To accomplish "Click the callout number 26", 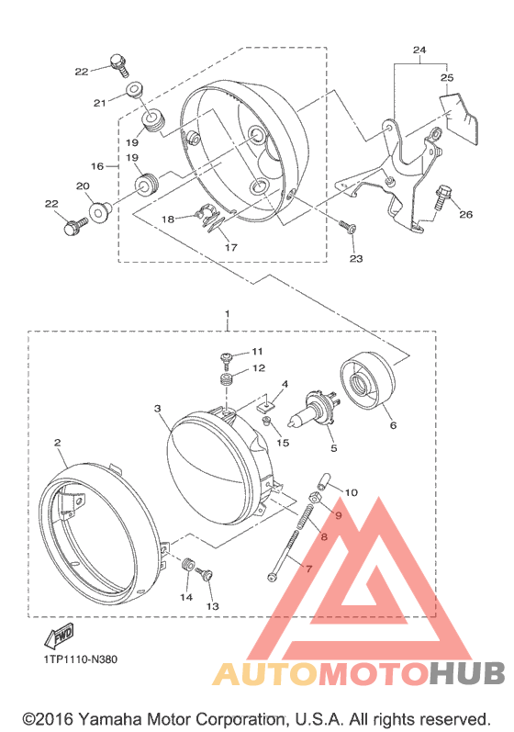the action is pos(465,214).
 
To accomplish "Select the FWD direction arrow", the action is pos(59,636).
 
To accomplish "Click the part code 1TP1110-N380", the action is pos(80,659).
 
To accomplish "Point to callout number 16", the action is pos(97,166).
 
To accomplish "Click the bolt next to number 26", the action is pos(442,197).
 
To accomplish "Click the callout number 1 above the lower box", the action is pos(227,314).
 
